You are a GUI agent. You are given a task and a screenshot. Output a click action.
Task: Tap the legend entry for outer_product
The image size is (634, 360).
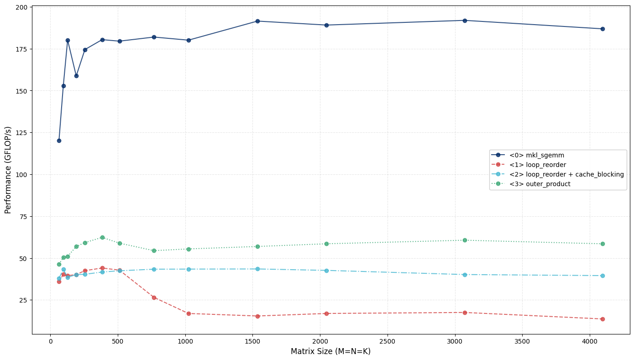[x=540, y=184]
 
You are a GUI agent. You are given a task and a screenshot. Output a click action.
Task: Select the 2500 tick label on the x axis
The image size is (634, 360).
[x=387, y=340]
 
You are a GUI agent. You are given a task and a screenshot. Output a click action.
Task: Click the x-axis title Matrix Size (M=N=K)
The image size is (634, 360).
[x=330, y=351]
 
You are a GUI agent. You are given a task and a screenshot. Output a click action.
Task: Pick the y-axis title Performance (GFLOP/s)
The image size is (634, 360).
[x=8, y=170]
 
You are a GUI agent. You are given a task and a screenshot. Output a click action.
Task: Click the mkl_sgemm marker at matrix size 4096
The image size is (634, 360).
[x=603, y=29]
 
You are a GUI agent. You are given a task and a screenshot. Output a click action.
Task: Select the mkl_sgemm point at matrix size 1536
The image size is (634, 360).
[x=257, y=21]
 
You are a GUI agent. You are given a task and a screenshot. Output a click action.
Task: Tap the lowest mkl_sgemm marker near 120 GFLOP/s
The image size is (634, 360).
[x=59, y=141]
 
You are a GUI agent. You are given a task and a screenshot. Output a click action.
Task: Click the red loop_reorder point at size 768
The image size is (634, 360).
[x=154, y=297]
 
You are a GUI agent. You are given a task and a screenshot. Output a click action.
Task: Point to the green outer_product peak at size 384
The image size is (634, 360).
[x=102, y=237]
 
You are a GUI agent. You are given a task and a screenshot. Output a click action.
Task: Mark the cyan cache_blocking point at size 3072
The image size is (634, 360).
[x=465, y=275]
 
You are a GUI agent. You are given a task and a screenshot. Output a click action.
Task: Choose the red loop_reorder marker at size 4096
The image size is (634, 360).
[x=603, y=319]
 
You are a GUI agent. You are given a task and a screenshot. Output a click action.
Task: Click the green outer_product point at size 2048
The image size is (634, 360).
[x=326, y=244]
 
